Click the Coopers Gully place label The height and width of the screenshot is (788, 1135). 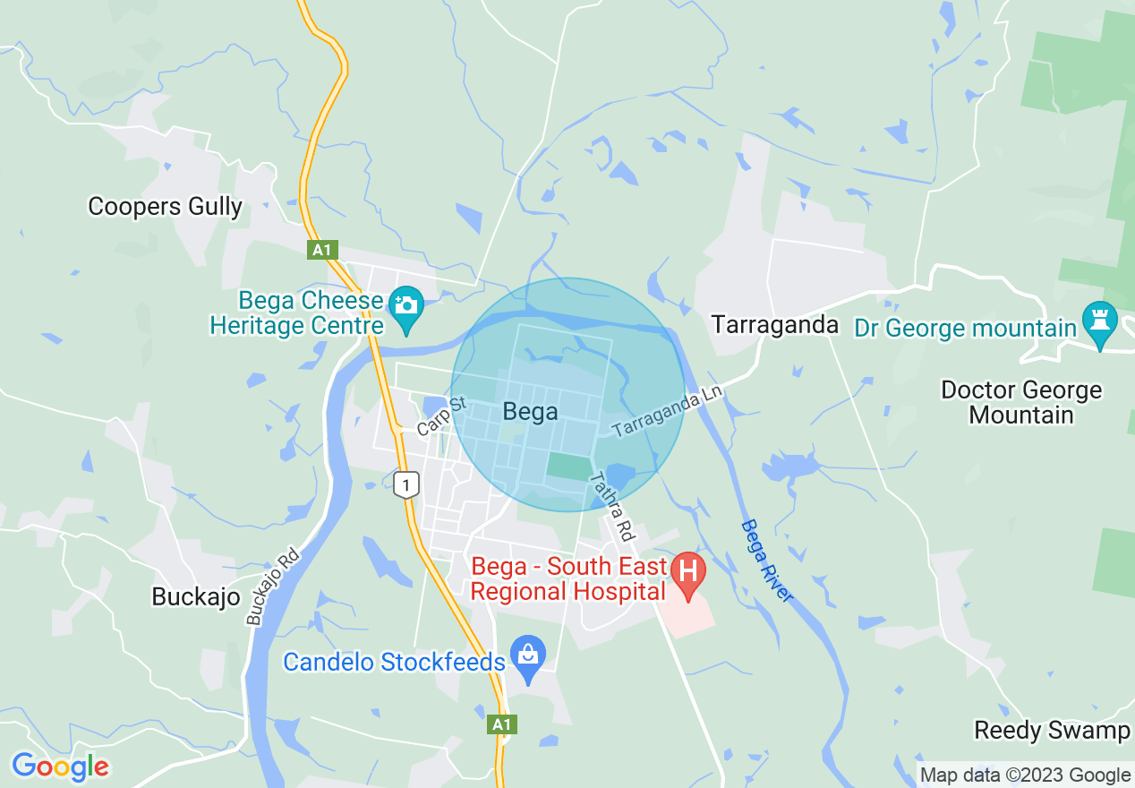[165, 207]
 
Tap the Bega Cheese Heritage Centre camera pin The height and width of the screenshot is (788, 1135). [406, 305]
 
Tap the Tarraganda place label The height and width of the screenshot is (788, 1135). [775, 325]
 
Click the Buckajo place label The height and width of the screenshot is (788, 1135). [196, 596]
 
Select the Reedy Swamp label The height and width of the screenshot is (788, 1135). [1052, 731]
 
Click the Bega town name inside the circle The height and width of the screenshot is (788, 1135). [530, 412]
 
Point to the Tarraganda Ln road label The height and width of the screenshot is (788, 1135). [667, 414]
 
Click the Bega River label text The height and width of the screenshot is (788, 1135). [767, 561]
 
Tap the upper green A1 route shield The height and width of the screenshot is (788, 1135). [323, 251]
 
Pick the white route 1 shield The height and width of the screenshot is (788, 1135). [406, 485]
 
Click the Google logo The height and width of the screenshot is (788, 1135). [60, 767]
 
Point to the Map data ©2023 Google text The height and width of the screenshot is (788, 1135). [1026, 775]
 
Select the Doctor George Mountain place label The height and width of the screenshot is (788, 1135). [1021, 403]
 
